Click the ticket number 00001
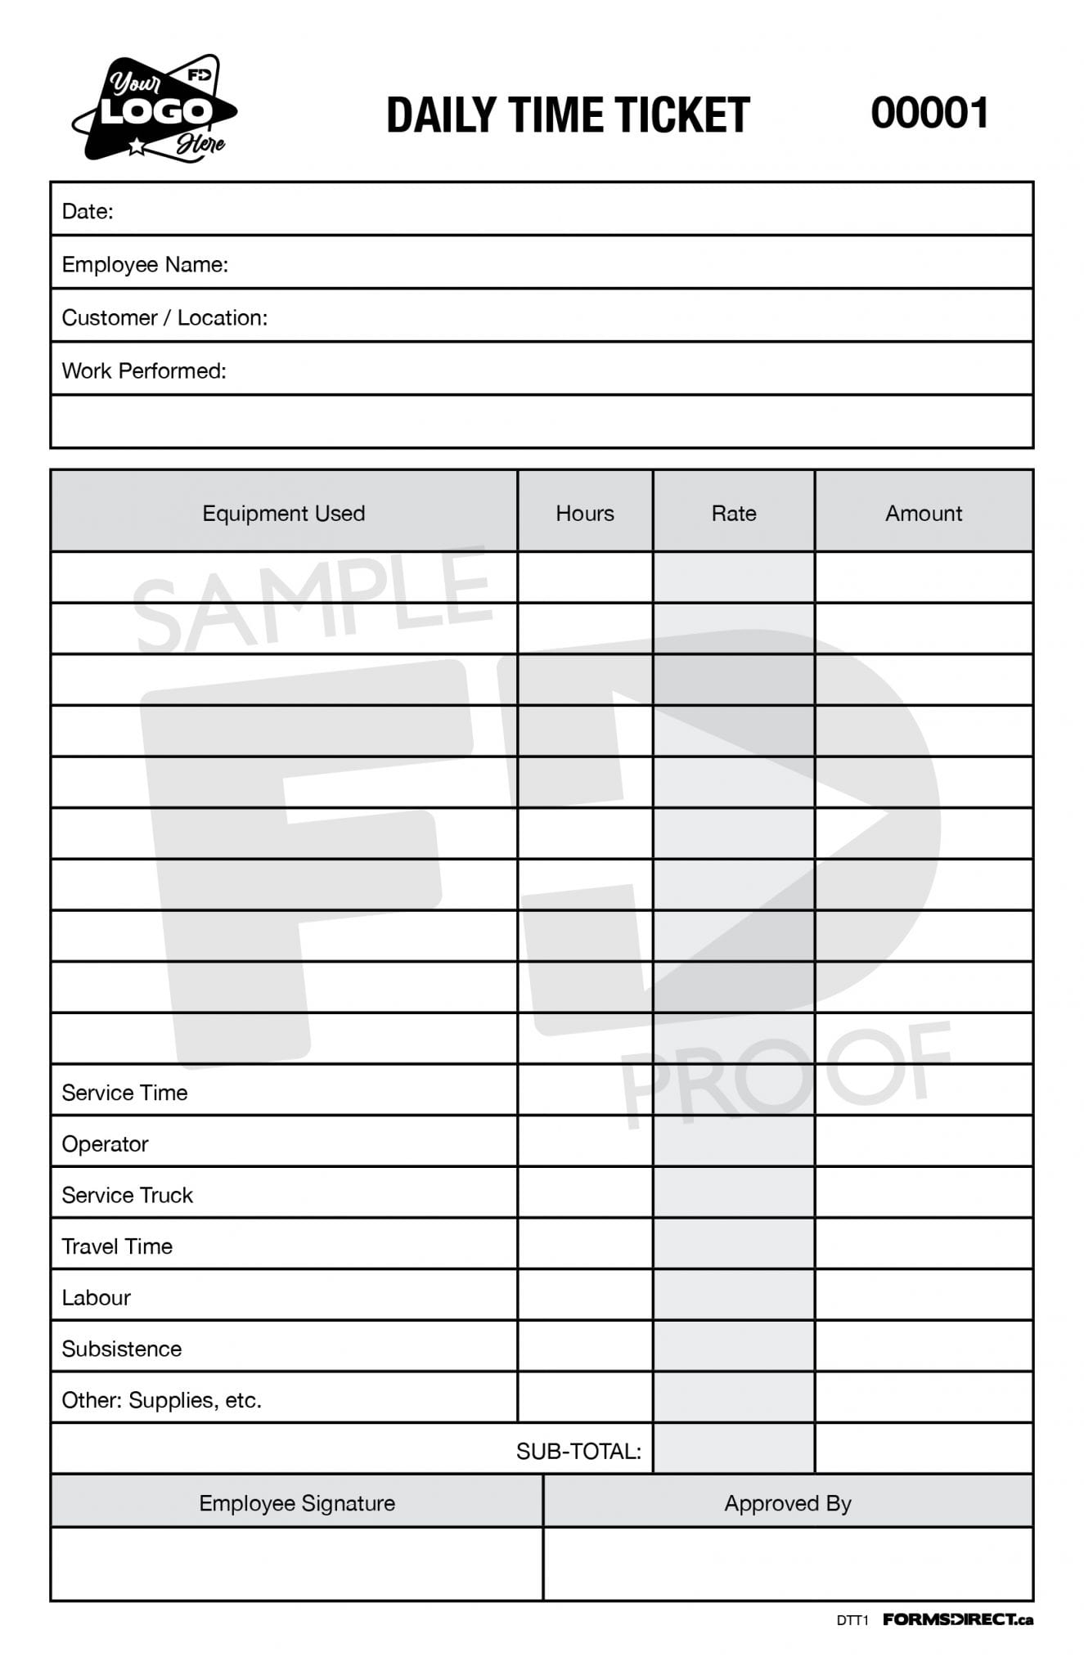[929, 113]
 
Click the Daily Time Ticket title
[568, 115]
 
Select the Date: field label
[88, 211]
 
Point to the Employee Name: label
[145, 264]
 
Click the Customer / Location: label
[164, 317]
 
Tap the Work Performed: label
[144, 370]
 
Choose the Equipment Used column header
[283, 513]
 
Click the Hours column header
[584, 513]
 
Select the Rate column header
[733, 513]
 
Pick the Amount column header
[923, 513]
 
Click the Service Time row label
[124, 1093]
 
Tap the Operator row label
[105, 1143]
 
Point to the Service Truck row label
[127, 1195]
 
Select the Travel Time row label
[117, 1246]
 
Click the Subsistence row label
[121, 1349]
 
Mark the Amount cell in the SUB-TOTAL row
[923, 1449]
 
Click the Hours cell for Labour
[584, 1296]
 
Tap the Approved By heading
[787, 1503]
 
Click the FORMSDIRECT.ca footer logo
[957, 1619]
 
